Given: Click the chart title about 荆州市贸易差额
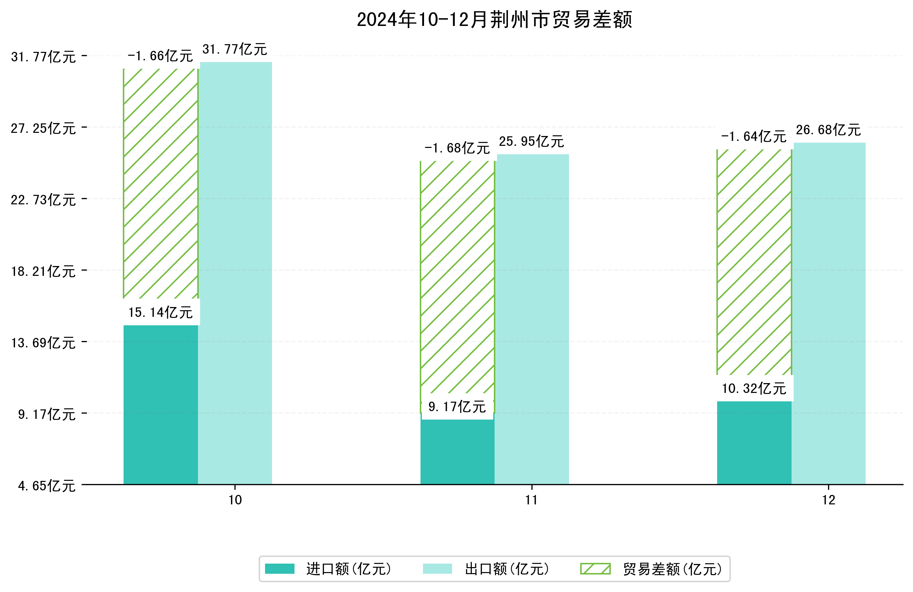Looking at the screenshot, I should (x=494, y=20).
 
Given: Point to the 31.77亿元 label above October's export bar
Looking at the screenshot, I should (x=234, y=49).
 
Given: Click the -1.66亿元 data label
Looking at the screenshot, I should (x=160, y=56).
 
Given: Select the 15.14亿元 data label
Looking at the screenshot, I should (x=160, y=312).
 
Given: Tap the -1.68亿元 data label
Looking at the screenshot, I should (x=457, y=148).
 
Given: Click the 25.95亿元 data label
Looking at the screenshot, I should (x=531, y=141).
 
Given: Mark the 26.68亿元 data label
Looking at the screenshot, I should (x=828, y=130).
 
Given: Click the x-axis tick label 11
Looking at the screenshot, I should (x=531, y=500).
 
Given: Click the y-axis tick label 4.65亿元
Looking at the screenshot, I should (x=47, y=486).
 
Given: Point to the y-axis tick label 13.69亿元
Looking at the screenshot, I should (x=43, y=342).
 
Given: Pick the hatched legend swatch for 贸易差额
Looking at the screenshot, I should (x=595, y=569).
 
